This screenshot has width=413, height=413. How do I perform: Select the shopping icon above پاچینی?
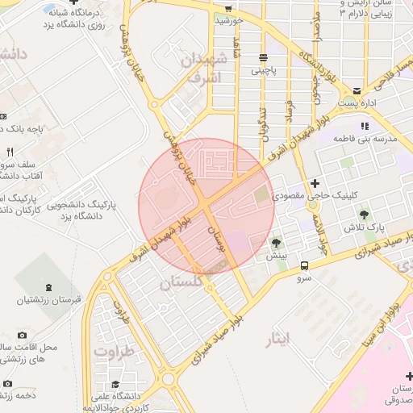(x=263, y=57)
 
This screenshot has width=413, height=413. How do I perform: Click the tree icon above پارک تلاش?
(x=365, y=215)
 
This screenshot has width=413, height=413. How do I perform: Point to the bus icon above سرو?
(x=304, y=265)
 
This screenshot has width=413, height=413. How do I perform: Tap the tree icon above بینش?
(x=277, y=242)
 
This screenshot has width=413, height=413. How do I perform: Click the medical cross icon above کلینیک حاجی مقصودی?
(x=315, y=183)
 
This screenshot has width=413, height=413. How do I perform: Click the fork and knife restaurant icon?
(x=10, y=151)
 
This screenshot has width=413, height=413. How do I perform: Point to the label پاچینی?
(x=263, y=71)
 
